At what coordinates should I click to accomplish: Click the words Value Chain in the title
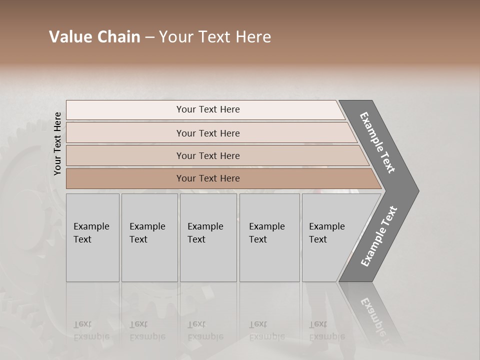point(94,37)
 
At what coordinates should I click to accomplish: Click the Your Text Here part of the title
point(215,37)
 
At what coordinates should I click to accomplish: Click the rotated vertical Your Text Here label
point(57,143)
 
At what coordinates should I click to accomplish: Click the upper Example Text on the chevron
point(377,142)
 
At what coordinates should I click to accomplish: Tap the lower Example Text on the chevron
point(379,236)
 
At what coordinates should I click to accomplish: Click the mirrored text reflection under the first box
point(91,330)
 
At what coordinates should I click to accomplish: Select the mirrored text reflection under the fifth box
point(327,330)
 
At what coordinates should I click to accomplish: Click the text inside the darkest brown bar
point(208,178)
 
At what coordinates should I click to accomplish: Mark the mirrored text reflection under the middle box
point(205,330)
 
